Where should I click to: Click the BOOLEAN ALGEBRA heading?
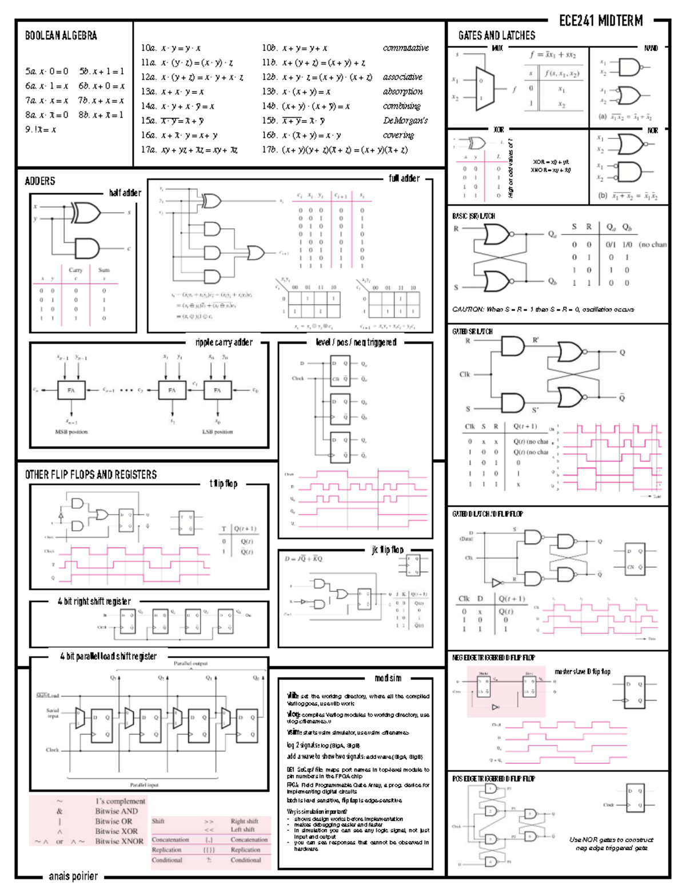click(x=61, y=35)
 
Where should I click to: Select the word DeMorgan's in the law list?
click(x=405, y=121)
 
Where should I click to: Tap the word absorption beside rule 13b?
click(x=403, y=91)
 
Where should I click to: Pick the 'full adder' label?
click(x=404, y=178)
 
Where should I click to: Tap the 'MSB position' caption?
click(x=71, y=432)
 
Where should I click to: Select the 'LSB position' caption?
click(x=217, y=432)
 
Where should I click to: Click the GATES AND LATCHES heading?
click(x=496, y=35)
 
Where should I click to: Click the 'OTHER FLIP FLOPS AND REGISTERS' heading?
click(x=90, y=475)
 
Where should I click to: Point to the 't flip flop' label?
click(x=223, y=484)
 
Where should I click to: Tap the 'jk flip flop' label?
click(x=388, y=549)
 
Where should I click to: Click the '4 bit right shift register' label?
click(x=94, y=602)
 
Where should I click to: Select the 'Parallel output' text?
click(x=190, y=664)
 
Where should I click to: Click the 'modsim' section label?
click(x=388, y=678)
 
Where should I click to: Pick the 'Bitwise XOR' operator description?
click(x=116, y=831)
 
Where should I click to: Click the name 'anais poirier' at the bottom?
click(x=73, y=876)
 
